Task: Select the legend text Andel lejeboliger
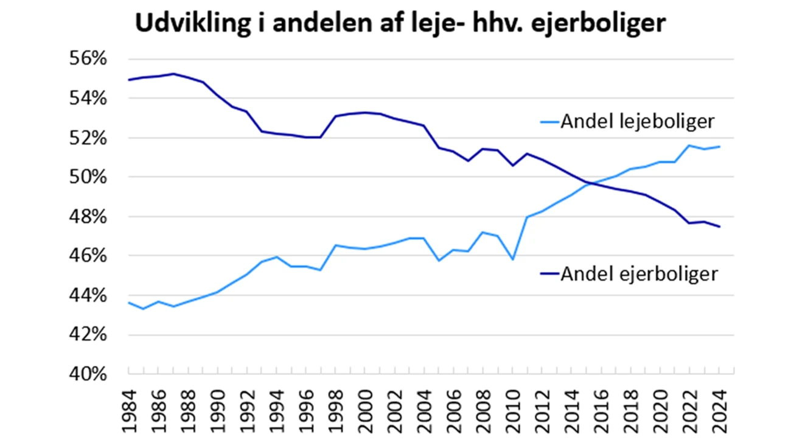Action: click(x=636, y=122)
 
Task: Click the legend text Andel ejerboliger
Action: click(x=638, y=274)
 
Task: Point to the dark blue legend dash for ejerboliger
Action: click(x=549, y=275)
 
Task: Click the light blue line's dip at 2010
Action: click(x=512, y=259)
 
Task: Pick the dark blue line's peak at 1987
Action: click(x=173, y=74)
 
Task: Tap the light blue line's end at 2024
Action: click(x=719, y=147)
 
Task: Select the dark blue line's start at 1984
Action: click(x=129, y=80)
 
